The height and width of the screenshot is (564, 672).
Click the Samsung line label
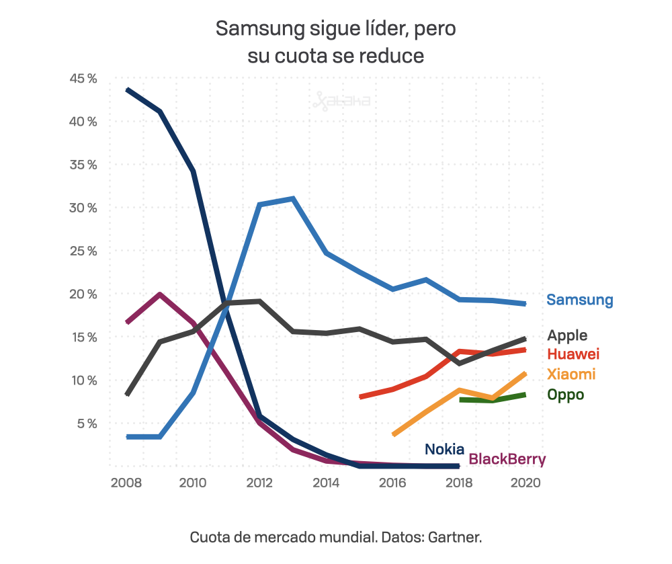579,300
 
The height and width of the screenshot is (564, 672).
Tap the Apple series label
567,335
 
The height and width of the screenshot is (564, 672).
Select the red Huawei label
573,354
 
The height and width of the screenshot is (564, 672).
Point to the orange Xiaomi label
571,374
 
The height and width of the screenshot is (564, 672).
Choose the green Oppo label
565,395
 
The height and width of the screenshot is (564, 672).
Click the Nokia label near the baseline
444,449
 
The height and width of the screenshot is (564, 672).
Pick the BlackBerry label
507,460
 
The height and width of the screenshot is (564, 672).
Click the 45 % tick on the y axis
83,79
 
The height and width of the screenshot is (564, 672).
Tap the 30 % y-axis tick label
83,208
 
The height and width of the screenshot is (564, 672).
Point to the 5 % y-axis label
86,424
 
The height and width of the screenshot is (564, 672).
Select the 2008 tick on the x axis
126,483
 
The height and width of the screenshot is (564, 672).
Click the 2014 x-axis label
326,483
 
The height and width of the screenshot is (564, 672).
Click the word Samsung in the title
259,30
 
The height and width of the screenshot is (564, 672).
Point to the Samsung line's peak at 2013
292,199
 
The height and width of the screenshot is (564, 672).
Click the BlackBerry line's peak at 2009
159,294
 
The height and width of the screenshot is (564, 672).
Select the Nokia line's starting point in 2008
128,89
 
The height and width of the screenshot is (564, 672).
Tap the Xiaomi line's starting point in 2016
394,434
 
